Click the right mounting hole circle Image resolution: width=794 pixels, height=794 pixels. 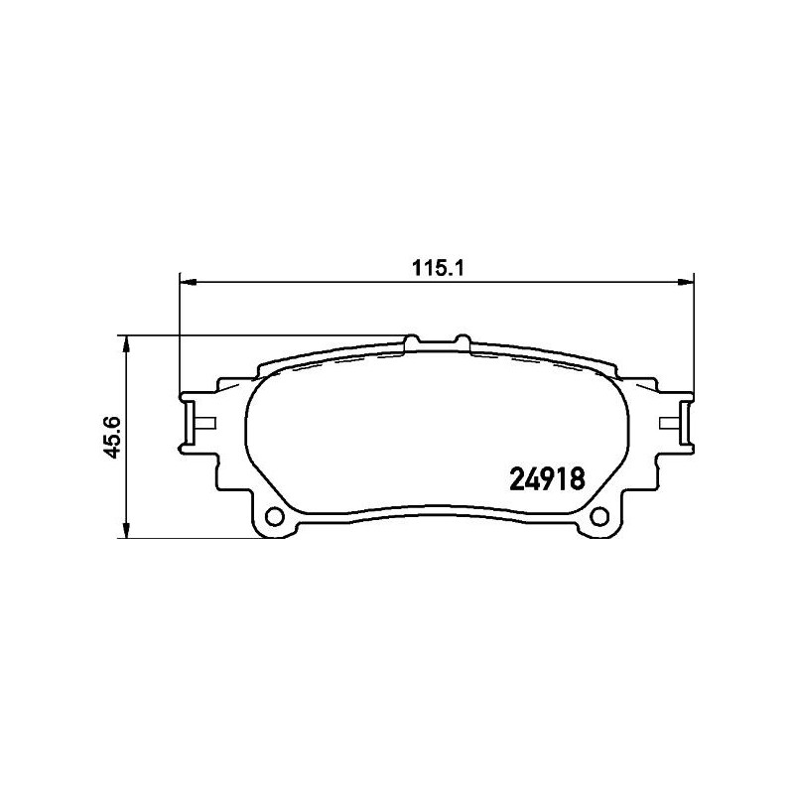point(598,518)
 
